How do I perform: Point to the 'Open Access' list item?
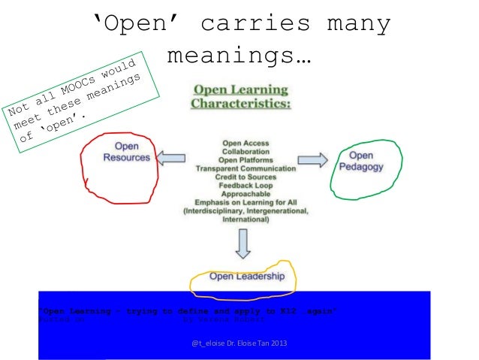[246, 143]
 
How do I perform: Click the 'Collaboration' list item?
[246, 151]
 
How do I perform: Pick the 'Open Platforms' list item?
[246, 160]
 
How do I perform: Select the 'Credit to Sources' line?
[246, 177]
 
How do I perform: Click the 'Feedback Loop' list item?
[246, 186]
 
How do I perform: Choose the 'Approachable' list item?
[246, 194]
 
